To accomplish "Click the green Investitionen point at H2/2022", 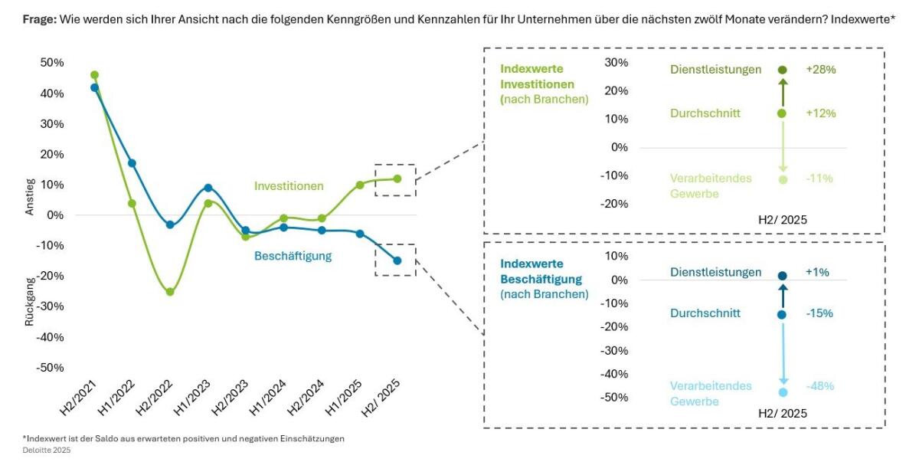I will coord(170,292).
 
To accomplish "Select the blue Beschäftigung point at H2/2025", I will coord(397,260).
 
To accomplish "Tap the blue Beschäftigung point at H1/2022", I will coord(132,163).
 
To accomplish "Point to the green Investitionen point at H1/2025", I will coord(359,185).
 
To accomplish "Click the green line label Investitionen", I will coord(289,186).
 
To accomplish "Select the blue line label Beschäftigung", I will coord(293,256).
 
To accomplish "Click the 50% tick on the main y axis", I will coord(51,63).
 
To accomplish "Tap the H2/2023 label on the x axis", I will coord(230,396).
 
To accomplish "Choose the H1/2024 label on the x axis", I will coord(267,396).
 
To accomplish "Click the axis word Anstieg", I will coord(30,196).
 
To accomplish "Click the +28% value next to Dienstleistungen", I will coord(820,70).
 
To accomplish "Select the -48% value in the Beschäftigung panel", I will coord(819,386).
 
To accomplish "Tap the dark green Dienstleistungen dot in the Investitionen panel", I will coord(782,70).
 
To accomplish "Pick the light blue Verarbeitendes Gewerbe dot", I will coord(783,392).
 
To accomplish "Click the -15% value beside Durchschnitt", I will coord(819,313).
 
